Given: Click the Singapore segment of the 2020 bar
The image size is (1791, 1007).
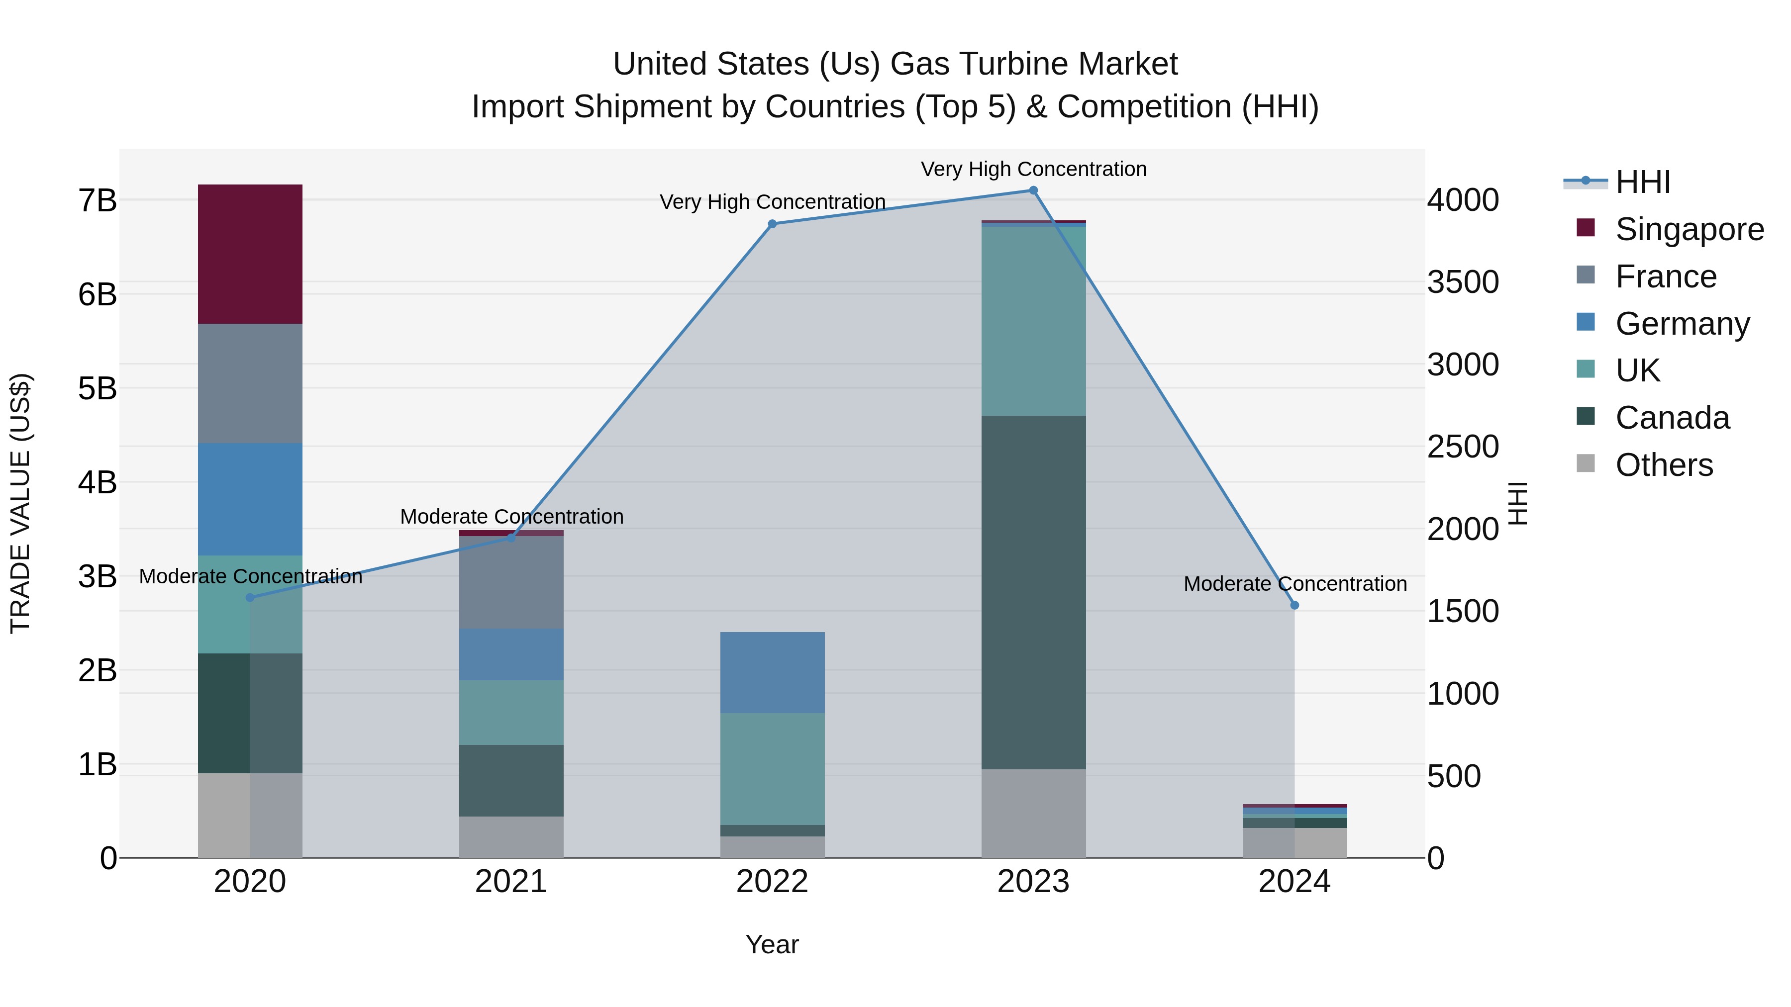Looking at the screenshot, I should tap(250, 254).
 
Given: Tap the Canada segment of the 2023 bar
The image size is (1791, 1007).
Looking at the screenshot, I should tap(1033, 592).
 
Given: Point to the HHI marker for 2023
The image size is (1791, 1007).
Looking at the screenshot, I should tap(1033, 190).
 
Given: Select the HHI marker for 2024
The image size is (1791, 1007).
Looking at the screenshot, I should tap(1294, 605).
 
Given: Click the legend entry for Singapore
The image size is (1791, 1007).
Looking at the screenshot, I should tap(1689, 229).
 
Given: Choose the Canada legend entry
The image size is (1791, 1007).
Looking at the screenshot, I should tap(1672, 418).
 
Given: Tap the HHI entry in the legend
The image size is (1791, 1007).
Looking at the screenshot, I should tap(1642, 182).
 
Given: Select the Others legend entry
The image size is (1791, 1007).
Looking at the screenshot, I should tap(1664, 465).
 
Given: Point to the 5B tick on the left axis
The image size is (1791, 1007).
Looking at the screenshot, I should tap(98, 388).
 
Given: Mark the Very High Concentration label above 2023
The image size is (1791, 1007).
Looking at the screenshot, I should tap(1033, 169).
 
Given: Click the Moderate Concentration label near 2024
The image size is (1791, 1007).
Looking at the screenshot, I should tap(1294, 584).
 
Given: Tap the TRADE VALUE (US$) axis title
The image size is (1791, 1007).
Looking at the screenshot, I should tap(21, 503).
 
